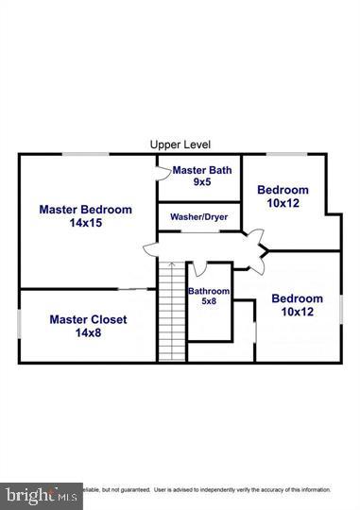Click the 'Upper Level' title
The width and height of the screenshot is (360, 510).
coord(179,144)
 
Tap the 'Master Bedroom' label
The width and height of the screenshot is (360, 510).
coord(85,210)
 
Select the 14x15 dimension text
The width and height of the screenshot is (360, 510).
coord(85,223)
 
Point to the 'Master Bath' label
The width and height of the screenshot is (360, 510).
coord(201,170)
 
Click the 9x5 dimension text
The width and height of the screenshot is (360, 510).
coord(201,181)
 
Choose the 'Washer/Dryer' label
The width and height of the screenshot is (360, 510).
coord(198,217)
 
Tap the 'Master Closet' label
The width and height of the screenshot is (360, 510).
coord(88,319)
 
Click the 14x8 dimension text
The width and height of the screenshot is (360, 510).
coord(88,332)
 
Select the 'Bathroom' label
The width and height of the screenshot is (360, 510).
coord(209,291)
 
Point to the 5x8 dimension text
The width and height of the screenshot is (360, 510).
coord(209,302)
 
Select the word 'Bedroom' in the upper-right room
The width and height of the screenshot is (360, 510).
coord(283,190)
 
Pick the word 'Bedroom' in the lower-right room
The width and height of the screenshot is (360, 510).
coord(297,299)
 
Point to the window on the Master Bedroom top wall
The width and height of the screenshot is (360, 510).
coord(85,153)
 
